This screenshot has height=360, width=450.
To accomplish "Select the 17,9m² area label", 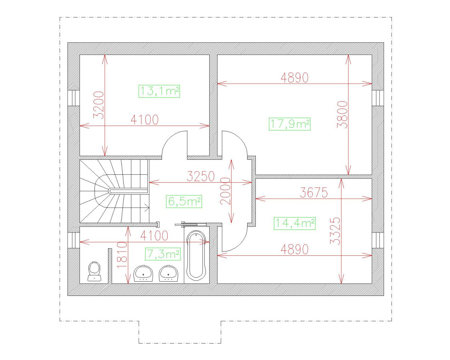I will (x=290, y=124).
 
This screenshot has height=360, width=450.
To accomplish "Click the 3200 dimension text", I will (x=98, y=105).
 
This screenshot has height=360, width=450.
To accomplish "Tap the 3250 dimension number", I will (x=201, y=175).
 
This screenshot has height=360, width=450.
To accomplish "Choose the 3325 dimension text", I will (x=335, y=231).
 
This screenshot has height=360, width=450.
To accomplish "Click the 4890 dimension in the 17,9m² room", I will (x=295, y=77).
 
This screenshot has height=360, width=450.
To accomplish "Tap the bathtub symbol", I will (x=196, y=255).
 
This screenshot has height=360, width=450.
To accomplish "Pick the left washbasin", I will (x=143, y=273).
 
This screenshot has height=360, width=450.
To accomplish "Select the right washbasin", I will (x=168, y=273).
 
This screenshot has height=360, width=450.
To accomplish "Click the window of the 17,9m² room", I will (x=378, y=98).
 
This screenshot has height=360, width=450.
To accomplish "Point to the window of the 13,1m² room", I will (x=73, y=98).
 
